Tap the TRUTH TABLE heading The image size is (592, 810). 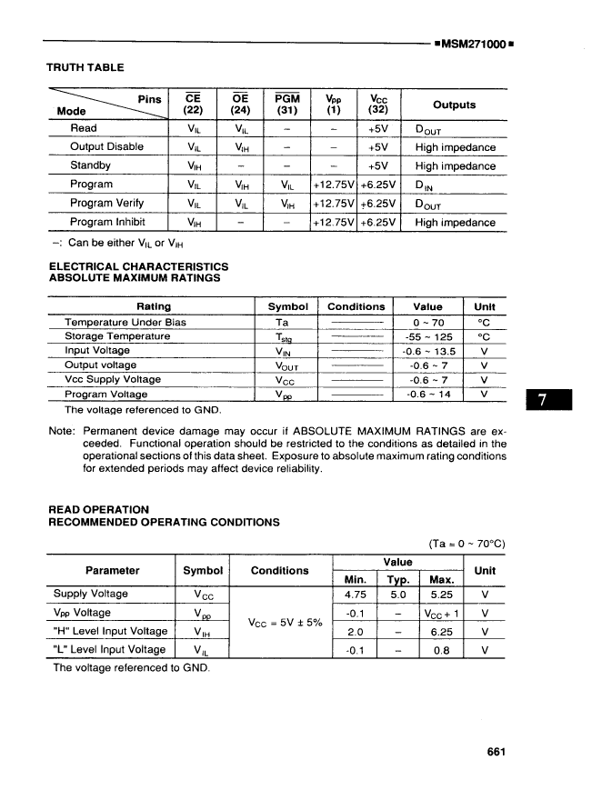[x=85, y=67]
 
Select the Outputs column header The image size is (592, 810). [x=454, y=105]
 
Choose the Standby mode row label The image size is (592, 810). [x=90, y=165]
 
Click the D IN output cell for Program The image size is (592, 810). [x=427, y=185]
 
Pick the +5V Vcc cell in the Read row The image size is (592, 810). [x=378, y=128]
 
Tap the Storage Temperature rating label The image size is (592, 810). [x=117, y=336]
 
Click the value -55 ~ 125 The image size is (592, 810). [x=428, y=336]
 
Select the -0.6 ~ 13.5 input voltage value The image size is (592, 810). [x=428, y=351]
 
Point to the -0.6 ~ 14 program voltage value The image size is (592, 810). [x=428, y=395]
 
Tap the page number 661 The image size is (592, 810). [x=496, y=752]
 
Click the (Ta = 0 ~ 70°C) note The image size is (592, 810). [x=467, y=544]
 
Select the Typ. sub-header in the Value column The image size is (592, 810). [x=396, y=579]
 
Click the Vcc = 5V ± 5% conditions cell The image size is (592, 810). [x=281, y=622]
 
